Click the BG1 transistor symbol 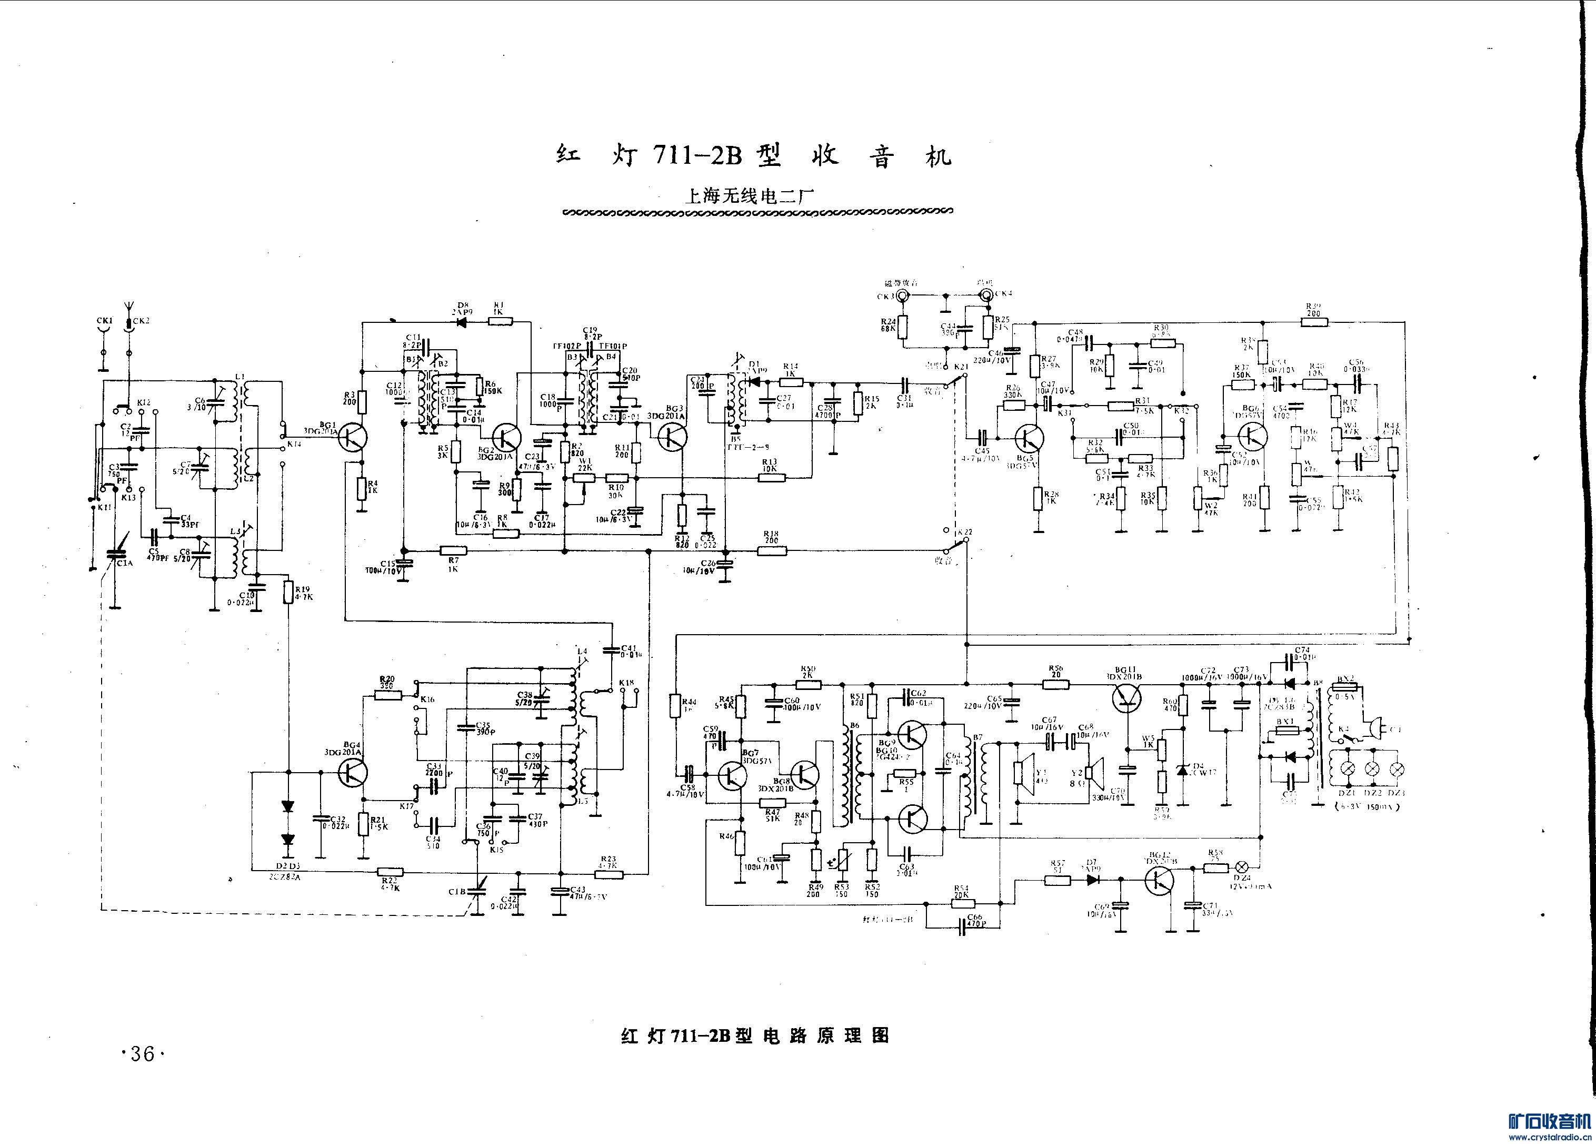pyautogui.click(x=352, y=438)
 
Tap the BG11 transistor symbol pyautogui.click(x=1126, y=696)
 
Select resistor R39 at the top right pyautogui.click(x=1313, y=322)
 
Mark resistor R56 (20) pyautogui.click(x=1055, y=683)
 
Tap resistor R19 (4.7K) pyautogui.click(x=288, y=592)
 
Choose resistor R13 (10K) pyautogui.click(x=771, y=478)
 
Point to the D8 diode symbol pyautogui.click(x=463, y=322)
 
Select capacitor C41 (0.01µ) pyautogui.click(x=610, y=650)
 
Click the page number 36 pyautogui.click(x=142, y=1054)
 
